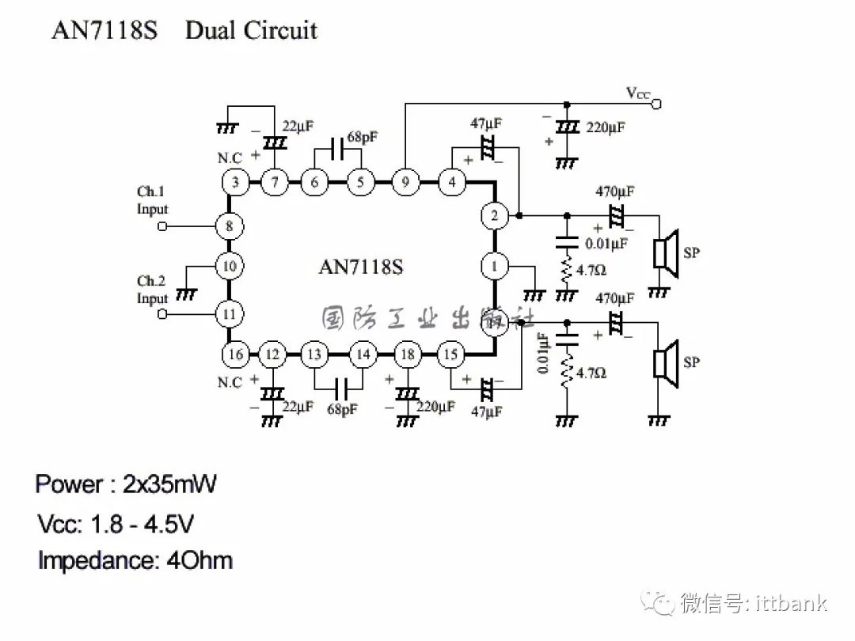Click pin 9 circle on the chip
point(405,183)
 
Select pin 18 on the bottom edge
point(408,354)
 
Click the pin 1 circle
point(495,266)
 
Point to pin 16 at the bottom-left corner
point(235,354)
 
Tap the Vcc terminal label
point(638,94)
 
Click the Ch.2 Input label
point(152,290)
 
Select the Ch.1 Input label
point(152,200)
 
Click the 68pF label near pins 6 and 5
point(362,137)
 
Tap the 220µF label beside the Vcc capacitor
point(605,127)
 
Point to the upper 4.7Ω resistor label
point(591,270)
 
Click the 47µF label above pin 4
point(486,123)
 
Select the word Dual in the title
point(211,30)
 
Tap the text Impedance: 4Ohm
point(135,561)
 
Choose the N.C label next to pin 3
point(230,158)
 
